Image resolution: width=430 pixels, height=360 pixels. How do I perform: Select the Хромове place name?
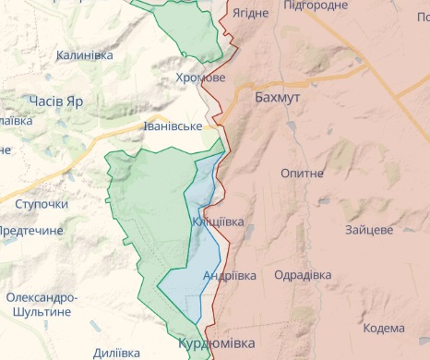point(199,78)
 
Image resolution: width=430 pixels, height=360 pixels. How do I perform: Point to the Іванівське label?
point(173,126)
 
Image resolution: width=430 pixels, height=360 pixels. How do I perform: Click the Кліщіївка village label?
point(219,222)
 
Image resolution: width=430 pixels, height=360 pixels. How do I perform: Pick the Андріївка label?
point(228,275)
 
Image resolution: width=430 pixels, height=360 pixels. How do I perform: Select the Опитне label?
point(303,173)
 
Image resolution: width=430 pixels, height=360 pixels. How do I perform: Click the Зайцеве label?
point(370,229)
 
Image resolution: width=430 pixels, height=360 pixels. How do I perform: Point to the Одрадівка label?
point(303,275)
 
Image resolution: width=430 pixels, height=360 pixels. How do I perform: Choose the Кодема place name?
point(383,328)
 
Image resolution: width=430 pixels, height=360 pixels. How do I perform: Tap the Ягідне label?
point(250,13)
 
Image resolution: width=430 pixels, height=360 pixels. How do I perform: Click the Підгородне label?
point(317,6)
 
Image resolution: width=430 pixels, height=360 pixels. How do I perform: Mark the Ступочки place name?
point(42,203)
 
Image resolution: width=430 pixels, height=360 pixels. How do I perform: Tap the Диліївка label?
point(117,352)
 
